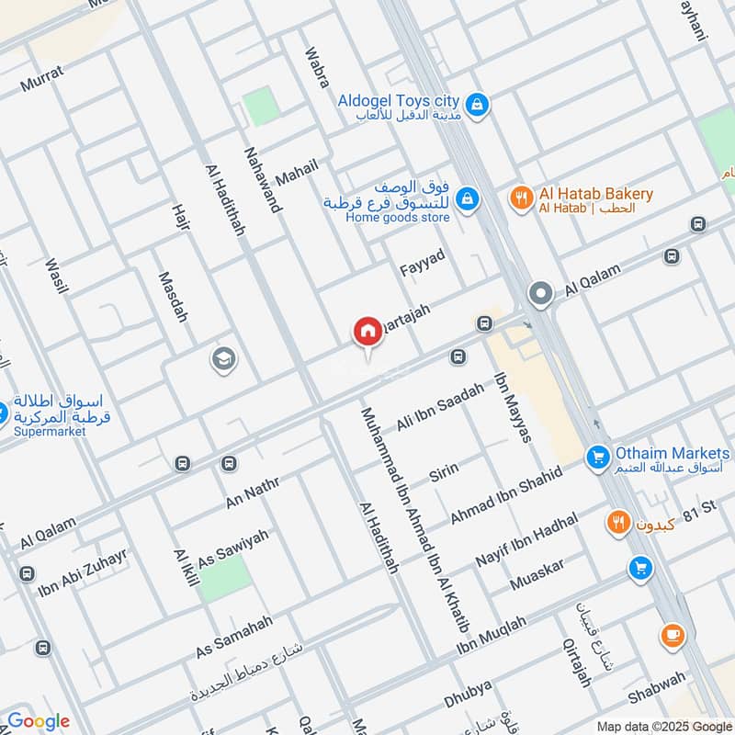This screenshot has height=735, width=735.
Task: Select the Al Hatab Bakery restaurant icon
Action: coord(522,198)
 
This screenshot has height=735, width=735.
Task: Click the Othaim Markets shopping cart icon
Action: coord(598,456)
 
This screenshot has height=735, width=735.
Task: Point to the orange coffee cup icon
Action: coord(672,635)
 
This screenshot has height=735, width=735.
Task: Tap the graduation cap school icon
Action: coord(222,359)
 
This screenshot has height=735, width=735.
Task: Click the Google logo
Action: coord(39,721)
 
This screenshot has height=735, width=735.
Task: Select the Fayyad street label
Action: coord(423,264)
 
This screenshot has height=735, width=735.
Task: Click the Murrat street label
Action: coord(42,81)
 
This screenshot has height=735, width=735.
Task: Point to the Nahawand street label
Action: coord(262,179)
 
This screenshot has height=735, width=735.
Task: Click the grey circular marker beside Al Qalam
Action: coord(540,295)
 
